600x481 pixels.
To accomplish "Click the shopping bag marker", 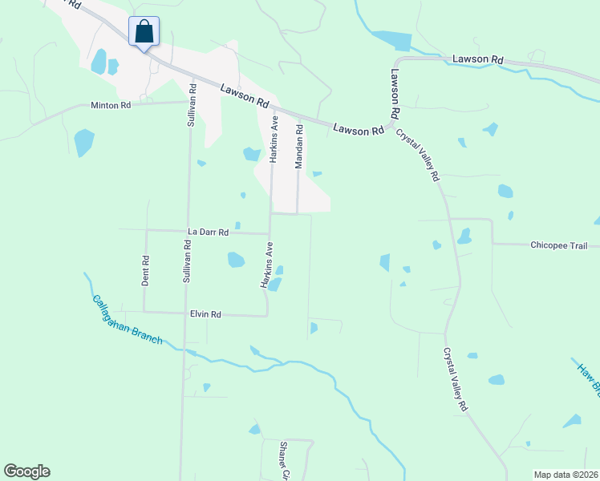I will point(144,33).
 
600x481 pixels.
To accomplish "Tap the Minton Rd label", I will point(111,105).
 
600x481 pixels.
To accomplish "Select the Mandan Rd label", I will point(298,145).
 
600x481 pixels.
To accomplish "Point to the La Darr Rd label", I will point(208,232).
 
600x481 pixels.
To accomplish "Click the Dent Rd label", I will point(146,271).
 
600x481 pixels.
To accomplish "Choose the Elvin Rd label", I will point(205,315).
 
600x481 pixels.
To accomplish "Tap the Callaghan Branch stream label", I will point(127,321).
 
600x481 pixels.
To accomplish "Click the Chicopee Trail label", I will point(559,245).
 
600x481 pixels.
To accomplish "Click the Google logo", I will point(27,471).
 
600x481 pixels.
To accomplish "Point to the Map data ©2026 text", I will point(566,475).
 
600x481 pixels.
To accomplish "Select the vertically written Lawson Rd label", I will point(395,94).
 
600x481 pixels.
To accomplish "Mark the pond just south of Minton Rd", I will point(83,142).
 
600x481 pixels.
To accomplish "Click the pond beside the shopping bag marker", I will point(99,61).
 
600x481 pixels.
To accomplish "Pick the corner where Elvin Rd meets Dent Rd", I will point(144,312).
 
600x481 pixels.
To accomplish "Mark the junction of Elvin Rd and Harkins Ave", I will point(267,316).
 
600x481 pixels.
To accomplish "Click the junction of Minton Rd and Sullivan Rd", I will point(191,102).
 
